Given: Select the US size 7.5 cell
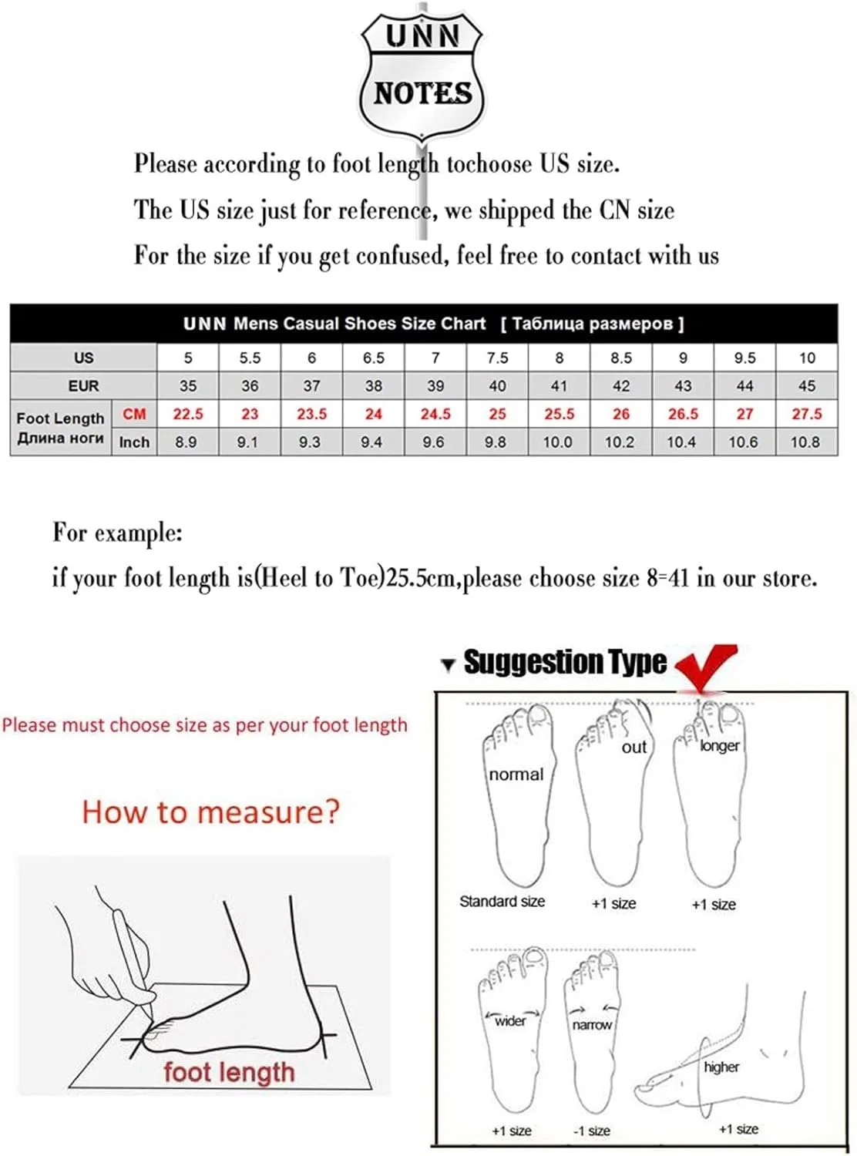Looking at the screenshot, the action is pos(497,358).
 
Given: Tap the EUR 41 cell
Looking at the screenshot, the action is pos(559,385).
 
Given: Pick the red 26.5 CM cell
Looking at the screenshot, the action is pos(682,414).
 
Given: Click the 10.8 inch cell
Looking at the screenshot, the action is pos(806,442).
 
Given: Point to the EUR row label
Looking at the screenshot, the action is pos(83,385).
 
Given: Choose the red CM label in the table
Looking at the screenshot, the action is pos(134,414).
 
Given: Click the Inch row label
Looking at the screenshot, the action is pos(134,442).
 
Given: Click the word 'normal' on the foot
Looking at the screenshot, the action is pos(516,775).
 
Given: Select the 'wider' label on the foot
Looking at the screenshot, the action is pos(510,1020).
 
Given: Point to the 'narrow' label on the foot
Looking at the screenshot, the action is pos(592,1025).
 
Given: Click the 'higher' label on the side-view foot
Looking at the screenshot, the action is pos(721,1067).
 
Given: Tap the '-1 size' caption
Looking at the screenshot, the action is pos(592,1131).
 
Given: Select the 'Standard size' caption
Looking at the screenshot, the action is pos(502,901).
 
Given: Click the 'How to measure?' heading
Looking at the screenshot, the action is pos(210,812).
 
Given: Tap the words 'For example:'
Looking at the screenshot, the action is pos(118,533).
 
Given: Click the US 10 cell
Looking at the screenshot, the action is pos(806,358).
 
